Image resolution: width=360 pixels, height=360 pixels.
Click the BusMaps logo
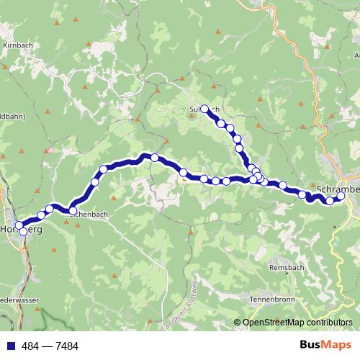click(325, 345)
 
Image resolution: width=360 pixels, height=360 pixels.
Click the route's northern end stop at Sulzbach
click(204, 109)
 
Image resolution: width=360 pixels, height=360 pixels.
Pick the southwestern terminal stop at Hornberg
click(23, 231)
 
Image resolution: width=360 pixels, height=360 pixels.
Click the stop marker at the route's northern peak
click(154, 157)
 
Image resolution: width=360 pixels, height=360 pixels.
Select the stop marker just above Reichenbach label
click(73, 210)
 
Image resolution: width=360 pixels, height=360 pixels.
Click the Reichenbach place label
click(86, 215)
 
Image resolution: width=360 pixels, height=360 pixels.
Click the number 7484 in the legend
click(64, 346)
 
